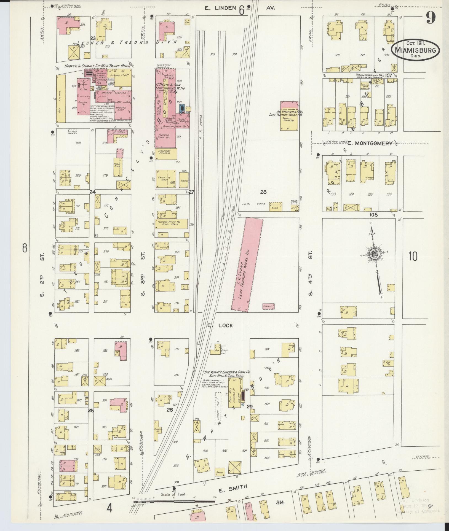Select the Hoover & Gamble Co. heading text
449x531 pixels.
[99, 66]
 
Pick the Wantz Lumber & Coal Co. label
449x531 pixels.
[227, 374]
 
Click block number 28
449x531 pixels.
[263, 192]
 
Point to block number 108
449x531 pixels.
[374, 215]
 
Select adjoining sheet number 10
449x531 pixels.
[413, 256]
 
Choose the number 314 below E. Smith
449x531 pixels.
[280, 502]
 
